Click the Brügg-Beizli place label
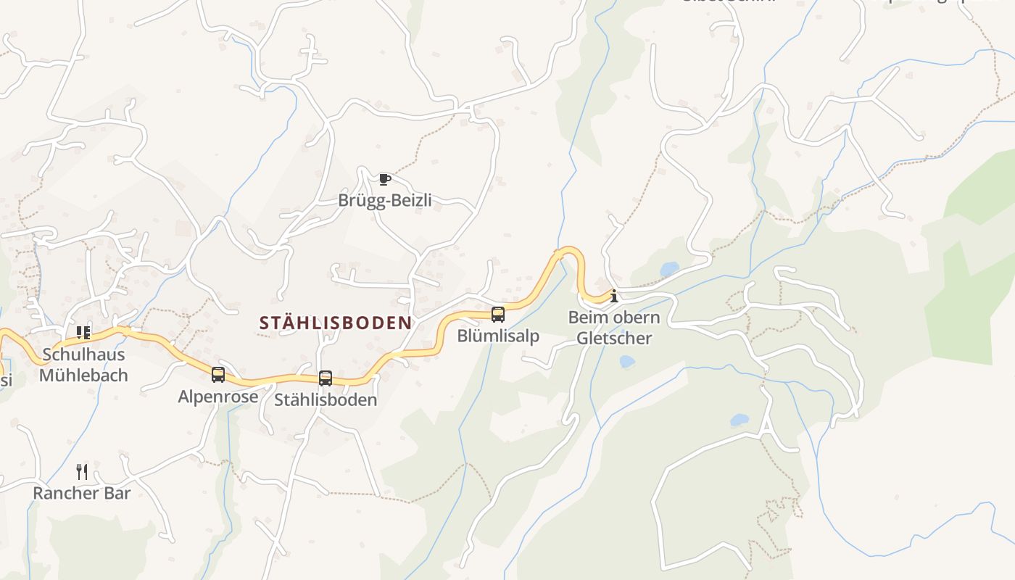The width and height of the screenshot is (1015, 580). pos(384,200)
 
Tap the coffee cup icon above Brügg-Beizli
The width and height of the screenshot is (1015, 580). pos(384,179)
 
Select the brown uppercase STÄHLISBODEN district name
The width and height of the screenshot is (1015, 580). pos(336,323)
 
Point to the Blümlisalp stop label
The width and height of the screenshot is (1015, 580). pos(497,336)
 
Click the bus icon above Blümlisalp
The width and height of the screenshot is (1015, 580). pos(497,315)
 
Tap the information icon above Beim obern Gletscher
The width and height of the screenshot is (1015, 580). pos(614,296)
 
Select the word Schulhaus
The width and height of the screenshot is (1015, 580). pos(83,355)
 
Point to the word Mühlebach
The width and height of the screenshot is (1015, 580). pos(83,376)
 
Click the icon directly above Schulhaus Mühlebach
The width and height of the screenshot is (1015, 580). pos(83,333)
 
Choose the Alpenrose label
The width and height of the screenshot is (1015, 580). pos(217,397)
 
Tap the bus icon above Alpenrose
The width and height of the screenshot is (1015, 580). pos(217,375)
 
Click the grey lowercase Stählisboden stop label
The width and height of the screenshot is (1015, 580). pos(326,399)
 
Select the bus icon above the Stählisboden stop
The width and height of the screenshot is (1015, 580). pos(326,378)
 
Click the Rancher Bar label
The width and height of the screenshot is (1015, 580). pos(82,493)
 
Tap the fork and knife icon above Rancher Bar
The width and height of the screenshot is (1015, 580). pos(82,472)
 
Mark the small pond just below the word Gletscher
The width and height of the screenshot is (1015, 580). pos(626,361)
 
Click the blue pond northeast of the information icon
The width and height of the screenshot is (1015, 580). pos(669,270)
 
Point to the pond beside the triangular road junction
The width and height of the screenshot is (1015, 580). pos(739,420)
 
